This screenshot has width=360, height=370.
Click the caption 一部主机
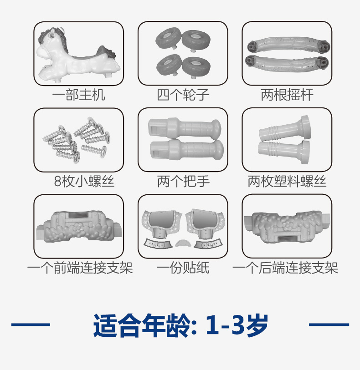79,95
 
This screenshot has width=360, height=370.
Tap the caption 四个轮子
183,95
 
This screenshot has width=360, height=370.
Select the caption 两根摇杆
287,95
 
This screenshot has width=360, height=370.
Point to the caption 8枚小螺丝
84,181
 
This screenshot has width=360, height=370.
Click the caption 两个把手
183,181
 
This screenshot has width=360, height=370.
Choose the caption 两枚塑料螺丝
287,181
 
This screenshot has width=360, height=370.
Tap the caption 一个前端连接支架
80,268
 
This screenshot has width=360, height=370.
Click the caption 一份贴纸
183,268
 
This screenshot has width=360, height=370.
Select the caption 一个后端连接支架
285,268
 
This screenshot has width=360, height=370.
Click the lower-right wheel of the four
196,66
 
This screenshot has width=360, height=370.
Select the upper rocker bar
288,44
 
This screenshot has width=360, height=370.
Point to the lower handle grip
187,150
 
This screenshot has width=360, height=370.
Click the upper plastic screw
285,130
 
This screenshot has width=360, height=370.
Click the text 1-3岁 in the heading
237,325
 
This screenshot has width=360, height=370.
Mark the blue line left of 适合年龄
31,324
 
